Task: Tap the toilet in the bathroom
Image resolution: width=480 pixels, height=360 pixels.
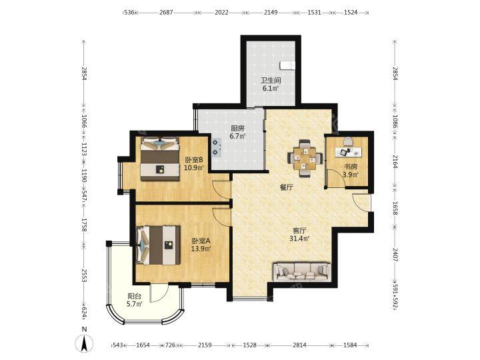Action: [287, 65]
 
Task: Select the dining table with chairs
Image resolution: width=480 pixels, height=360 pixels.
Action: [305, 158]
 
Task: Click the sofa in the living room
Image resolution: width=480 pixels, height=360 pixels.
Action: [302, 271]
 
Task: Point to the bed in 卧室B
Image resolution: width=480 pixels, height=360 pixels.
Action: [159, 159]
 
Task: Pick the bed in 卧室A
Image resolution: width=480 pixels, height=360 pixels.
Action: [158, 245]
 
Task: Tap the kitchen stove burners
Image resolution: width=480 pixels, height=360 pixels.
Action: [216, 147]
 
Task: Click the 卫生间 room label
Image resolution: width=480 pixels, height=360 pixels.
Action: [270, 81]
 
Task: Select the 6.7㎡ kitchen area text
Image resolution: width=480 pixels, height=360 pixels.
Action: [237, 136]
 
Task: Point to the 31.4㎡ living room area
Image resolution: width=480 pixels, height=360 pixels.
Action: [299, 238]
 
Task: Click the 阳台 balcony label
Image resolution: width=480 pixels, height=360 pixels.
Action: [135, 296]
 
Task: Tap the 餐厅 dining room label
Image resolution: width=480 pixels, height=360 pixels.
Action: [286, 187]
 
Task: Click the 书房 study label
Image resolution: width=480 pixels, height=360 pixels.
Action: [351, 167]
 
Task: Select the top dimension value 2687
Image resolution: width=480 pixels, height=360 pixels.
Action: [166, 13]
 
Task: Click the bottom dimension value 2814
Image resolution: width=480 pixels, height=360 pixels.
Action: [299, 345]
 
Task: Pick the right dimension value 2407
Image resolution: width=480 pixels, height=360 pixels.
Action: [395, 255]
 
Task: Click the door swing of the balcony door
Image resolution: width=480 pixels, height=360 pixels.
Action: [159, 293]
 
